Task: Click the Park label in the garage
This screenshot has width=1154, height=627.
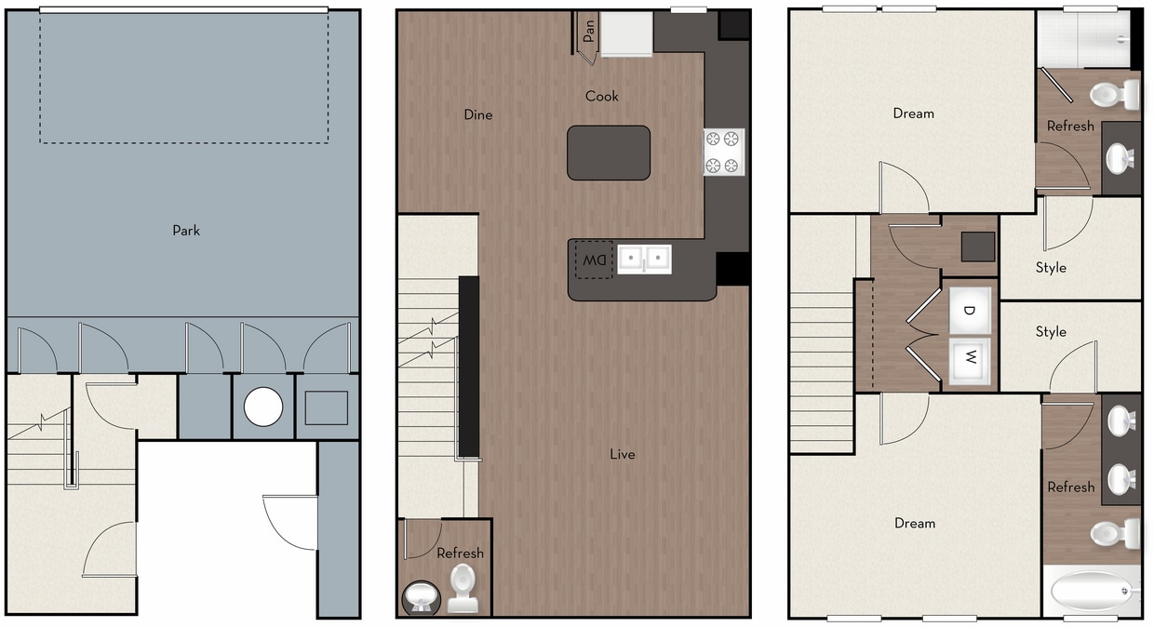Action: (186, 231)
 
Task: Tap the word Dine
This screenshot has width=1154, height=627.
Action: (478, 115)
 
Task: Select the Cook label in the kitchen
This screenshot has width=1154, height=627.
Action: (602, 96)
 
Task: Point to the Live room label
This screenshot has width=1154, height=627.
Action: (623, 454)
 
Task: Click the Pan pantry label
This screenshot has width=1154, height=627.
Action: (588, 33)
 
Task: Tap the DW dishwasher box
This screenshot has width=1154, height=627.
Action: (594, 260)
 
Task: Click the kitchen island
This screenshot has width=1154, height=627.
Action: (609, 153)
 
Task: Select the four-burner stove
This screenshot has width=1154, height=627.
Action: (724, 153)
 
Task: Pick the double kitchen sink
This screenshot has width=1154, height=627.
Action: (644, 258)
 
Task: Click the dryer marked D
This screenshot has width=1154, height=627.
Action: (969, 311)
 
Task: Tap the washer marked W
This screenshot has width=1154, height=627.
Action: (969, 356)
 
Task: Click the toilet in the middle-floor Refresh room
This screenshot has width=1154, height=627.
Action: (463, 588)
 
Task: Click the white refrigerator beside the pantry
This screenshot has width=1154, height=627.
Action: (626, 34)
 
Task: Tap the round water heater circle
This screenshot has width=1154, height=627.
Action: (263, 407)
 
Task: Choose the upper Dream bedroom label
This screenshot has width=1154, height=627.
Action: (913, 113)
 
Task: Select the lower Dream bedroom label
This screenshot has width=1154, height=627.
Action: (914, 524)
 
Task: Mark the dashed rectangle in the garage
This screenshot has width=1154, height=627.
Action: (184, 77)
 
